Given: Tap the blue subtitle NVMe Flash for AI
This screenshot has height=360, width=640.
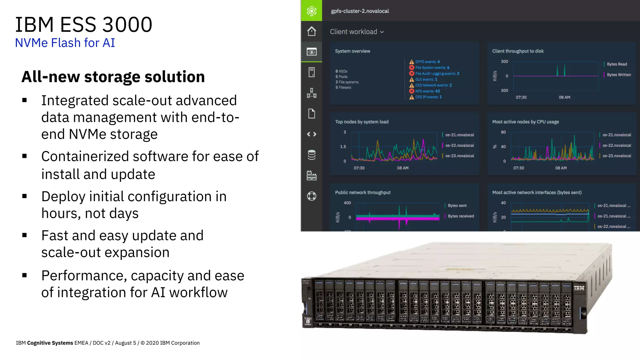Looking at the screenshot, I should [65, 43].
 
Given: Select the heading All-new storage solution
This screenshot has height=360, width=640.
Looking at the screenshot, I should [113, 77].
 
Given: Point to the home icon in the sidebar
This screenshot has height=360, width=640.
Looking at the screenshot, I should [311, 31].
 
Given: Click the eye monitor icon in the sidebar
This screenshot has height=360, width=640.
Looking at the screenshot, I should [311, 52].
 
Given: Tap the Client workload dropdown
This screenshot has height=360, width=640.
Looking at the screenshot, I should [357, 32].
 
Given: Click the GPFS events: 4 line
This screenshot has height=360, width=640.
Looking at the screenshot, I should [427, 62].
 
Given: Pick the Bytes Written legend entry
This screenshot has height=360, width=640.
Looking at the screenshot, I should [618, 75].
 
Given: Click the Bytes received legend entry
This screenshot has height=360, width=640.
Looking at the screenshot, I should [460, 216].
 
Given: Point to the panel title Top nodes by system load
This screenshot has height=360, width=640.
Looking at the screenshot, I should [362, 122].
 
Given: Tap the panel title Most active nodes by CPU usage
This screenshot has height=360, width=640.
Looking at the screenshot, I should [525, 122].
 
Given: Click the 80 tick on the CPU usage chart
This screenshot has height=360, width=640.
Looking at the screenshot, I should [503, 132].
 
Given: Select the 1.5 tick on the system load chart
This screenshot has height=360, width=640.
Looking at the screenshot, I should [343, 147].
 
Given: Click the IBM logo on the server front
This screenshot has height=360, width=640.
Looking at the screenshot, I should [579, 288].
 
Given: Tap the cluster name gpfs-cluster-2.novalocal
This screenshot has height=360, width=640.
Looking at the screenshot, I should [360, 11].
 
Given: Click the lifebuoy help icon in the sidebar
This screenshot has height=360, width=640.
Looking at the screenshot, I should [311, 196].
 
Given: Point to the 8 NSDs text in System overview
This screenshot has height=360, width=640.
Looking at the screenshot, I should [341, 71].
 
